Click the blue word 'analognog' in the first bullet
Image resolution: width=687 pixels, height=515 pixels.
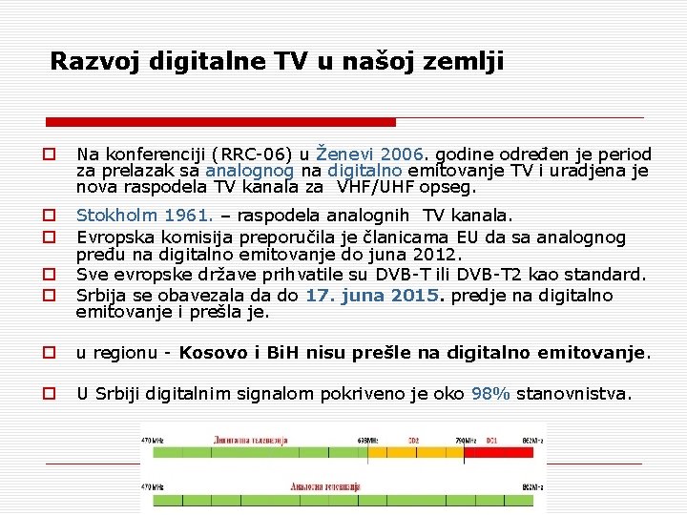245,171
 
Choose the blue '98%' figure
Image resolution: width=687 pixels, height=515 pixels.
490,393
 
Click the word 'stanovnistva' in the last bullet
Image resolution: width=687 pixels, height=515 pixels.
572,393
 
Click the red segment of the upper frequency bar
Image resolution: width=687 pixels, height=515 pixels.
503,454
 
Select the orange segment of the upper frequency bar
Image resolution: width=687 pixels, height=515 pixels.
415,454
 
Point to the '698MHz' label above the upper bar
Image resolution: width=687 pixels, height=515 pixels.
368,441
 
